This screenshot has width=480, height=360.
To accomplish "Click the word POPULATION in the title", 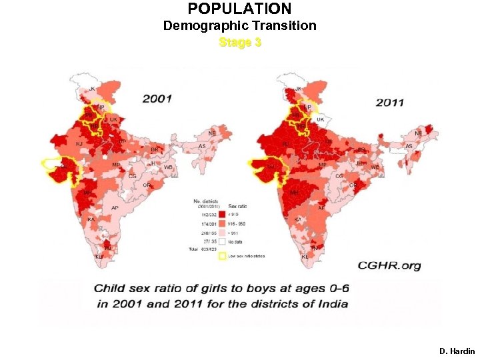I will (239, 9).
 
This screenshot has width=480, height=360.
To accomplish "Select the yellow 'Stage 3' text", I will (240, 43).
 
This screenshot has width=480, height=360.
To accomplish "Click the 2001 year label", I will (157, 99).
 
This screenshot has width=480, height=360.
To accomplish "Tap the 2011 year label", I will (389, 103).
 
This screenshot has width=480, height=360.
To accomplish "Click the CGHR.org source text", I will (389, 265).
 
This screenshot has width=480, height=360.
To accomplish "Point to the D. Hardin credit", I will (457, 351).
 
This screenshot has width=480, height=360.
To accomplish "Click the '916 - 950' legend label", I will (237, 223).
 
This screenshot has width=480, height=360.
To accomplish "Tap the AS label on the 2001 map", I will (202, 146).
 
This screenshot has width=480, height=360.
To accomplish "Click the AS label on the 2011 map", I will (409, 146).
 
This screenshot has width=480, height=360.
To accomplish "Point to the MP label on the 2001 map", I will (116, 164).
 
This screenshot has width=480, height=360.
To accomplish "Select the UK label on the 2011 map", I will (320, 119).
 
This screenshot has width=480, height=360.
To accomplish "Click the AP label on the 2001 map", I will (115, 207).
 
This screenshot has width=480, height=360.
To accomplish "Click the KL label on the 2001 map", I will (99, 256).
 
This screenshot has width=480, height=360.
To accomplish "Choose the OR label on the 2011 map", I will (353, 185).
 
